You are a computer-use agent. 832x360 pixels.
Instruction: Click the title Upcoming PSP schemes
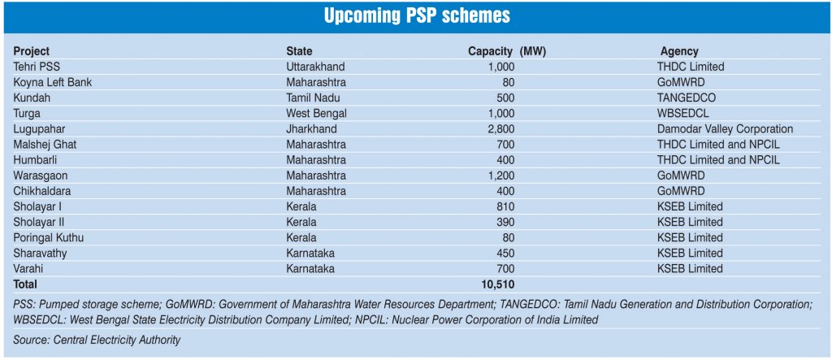pyautogui.click(x=415, y=15)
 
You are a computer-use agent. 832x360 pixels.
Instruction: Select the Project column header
pyautogui.click(x=31, y=51)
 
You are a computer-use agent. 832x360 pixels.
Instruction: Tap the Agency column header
pyautogui.click(x=679, y=51)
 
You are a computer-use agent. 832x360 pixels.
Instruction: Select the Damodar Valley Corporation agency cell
pyautogui.click(x=725, y=128)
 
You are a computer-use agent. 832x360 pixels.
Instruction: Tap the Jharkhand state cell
pyautogui.click(x=311, y=128)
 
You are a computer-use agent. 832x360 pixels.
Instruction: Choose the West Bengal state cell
pyautogui.click(x=316, y=113)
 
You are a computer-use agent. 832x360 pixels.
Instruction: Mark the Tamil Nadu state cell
pyautogui.click(x=313, y=98)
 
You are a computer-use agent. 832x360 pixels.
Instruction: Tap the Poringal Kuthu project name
pyautogui.click(x=48, y=237)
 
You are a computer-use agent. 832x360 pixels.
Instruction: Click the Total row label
pyautogui.click(x=25, y=284)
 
